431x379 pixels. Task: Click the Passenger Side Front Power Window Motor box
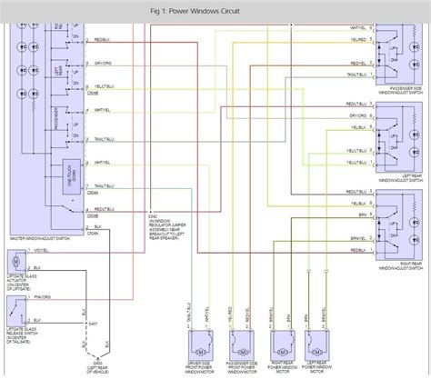237,342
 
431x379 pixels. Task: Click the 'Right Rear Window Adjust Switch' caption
399,270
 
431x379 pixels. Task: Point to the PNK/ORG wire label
45,297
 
